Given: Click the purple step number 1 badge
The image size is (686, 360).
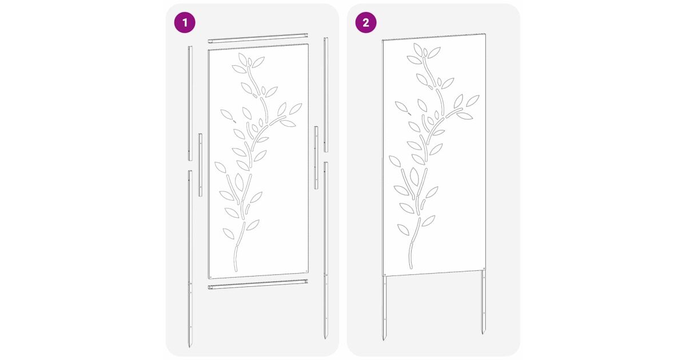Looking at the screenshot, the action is [x=185, y=22].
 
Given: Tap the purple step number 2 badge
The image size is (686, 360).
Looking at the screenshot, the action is [x=366, y=22].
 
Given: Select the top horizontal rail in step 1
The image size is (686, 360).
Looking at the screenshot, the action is [x=258, y=38].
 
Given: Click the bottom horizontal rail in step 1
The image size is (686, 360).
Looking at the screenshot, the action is [x=258, y=285].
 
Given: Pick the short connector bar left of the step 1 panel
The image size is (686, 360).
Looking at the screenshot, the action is [x=200, y=165].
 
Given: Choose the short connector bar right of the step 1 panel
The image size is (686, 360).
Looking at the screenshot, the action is [x=316, y=157].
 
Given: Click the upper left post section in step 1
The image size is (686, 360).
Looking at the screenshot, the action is [x=190, y=103].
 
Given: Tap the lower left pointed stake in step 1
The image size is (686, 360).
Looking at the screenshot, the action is [x=190, y=259].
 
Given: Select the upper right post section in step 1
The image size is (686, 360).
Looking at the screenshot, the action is [x=326, y=95].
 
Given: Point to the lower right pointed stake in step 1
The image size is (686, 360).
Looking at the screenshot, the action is [x=326, y=250].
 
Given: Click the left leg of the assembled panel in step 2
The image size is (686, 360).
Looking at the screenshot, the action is [x=384, y=307].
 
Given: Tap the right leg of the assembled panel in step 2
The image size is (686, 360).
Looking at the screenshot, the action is [x=483, y=302].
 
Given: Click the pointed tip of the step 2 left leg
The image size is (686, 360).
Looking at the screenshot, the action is [x=384, y=340].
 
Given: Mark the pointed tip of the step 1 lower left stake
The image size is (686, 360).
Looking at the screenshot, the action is [x=189, y=347].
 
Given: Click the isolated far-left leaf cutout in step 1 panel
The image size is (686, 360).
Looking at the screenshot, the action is [x=227, y=114].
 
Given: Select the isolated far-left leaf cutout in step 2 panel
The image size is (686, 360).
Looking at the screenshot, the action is [x=401, y=106].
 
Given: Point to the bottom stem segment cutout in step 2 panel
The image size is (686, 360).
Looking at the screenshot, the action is [x=410, y=255].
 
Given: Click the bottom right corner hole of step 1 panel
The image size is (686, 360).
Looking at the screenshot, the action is [x=306, y=271].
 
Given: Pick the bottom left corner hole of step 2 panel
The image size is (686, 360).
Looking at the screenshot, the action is [x=385, y=275].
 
